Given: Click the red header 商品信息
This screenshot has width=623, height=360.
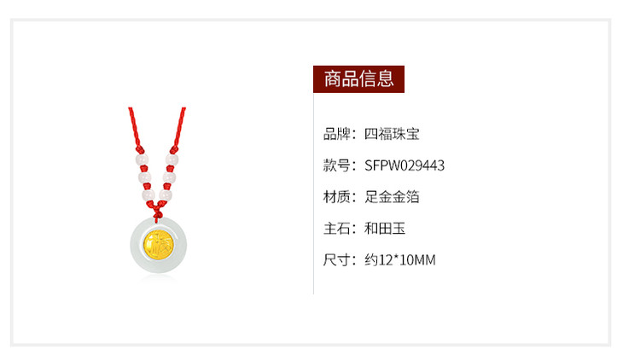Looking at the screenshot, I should click(x=358, y=79).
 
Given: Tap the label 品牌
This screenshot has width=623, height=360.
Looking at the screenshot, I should click(x=337, y=134).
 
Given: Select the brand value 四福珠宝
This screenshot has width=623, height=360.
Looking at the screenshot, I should click(x=392, y=134).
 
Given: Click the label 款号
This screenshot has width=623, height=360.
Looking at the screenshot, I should click(x=337, y=165).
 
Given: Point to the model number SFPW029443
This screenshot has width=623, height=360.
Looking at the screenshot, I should click(x=405, y=165).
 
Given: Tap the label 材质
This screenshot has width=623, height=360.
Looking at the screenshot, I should click(x=337, y=197).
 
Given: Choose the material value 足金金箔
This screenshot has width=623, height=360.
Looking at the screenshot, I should click(x=392, y=197).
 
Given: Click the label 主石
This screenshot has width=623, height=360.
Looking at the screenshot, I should click(x=337, y=229).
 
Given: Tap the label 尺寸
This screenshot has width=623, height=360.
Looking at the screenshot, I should click(x=337, y=260).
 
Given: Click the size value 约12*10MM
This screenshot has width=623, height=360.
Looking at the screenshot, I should click(x=400, y=260).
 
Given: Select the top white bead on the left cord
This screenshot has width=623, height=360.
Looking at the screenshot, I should click(x=142, y=160).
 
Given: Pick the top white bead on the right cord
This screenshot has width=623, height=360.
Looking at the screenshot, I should click(x=172, y=160).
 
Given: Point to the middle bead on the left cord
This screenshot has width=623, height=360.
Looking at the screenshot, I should click(x=144, y=177).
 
